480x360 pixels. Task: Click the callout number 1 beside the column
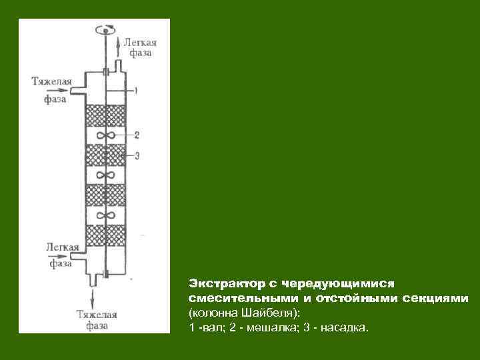coord(135,89)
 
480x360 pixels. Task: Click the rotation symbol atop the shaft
coord(105,29)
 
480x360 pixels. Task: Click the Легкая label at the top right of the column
coord(139,41)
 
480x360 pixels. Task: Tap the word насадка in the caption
coord(341,329)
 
